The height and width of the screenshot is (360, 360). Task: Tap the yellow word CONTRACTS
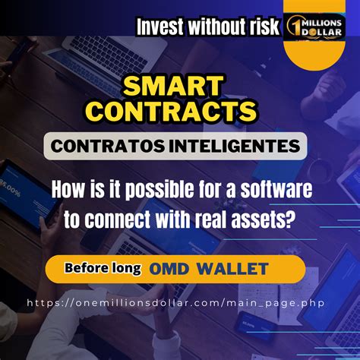click(x=172, y=110)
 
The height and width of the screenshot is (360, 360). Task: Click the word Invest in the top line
click(x=163, y=27)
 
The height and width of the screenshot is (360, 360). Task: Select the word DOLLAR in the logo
click(x=324, y=34)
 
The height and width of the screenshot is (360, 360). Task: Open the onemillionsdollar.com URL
click(x=179, y=302)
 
